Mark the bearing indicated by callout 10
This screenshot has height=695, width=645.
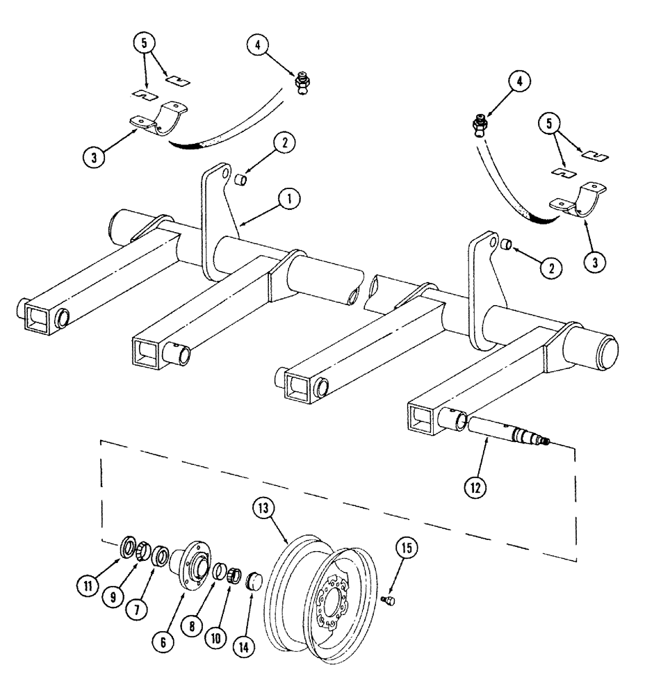click(234, 576)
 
